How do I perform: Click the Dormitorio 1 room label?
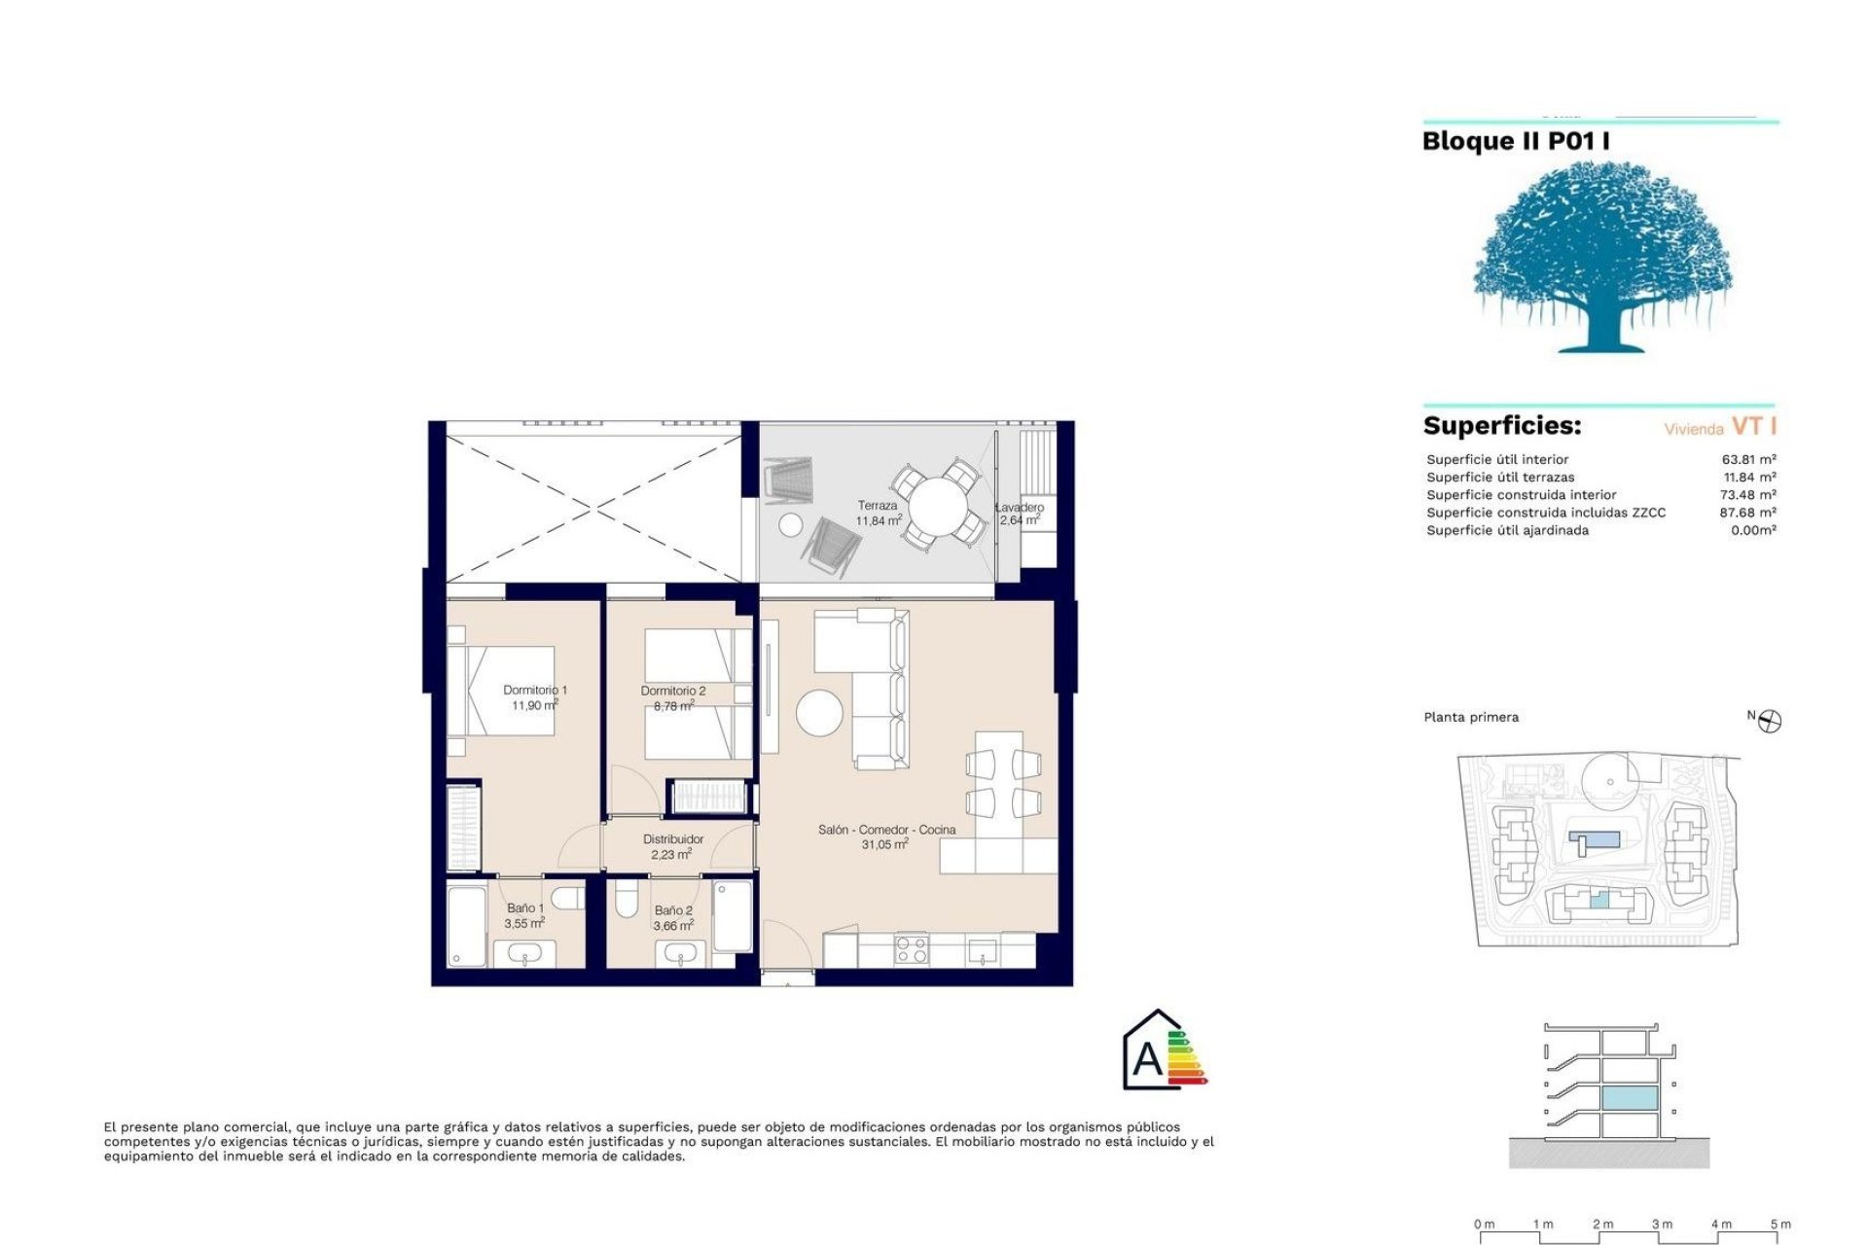(534, 690)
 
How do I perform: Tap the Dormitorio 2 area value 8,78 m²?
(673, 706)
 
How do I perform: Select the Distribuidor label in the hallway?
(672, 838)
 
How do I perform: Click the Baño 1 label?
(525, 907)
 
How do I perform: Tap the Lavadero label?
(1020, 507)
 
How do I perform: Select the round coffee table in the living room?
(819, 713)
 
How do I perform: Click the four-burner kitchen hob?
(912, 948)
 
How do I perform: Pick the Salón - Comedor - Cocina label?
(886, 830)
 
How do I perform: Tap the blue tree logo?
(1601, 258)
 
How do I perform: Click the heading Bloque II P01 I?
(1515, 142)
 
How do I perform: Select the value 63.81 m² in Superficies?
(1748, 459)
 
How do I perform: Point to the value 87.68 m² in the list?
(1747, 513)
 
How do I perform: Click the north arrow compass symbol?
(1770, 721)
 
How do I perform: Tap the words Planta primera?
(1470, 717)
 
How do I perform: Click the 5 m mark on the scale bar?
(1780, 1225)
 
